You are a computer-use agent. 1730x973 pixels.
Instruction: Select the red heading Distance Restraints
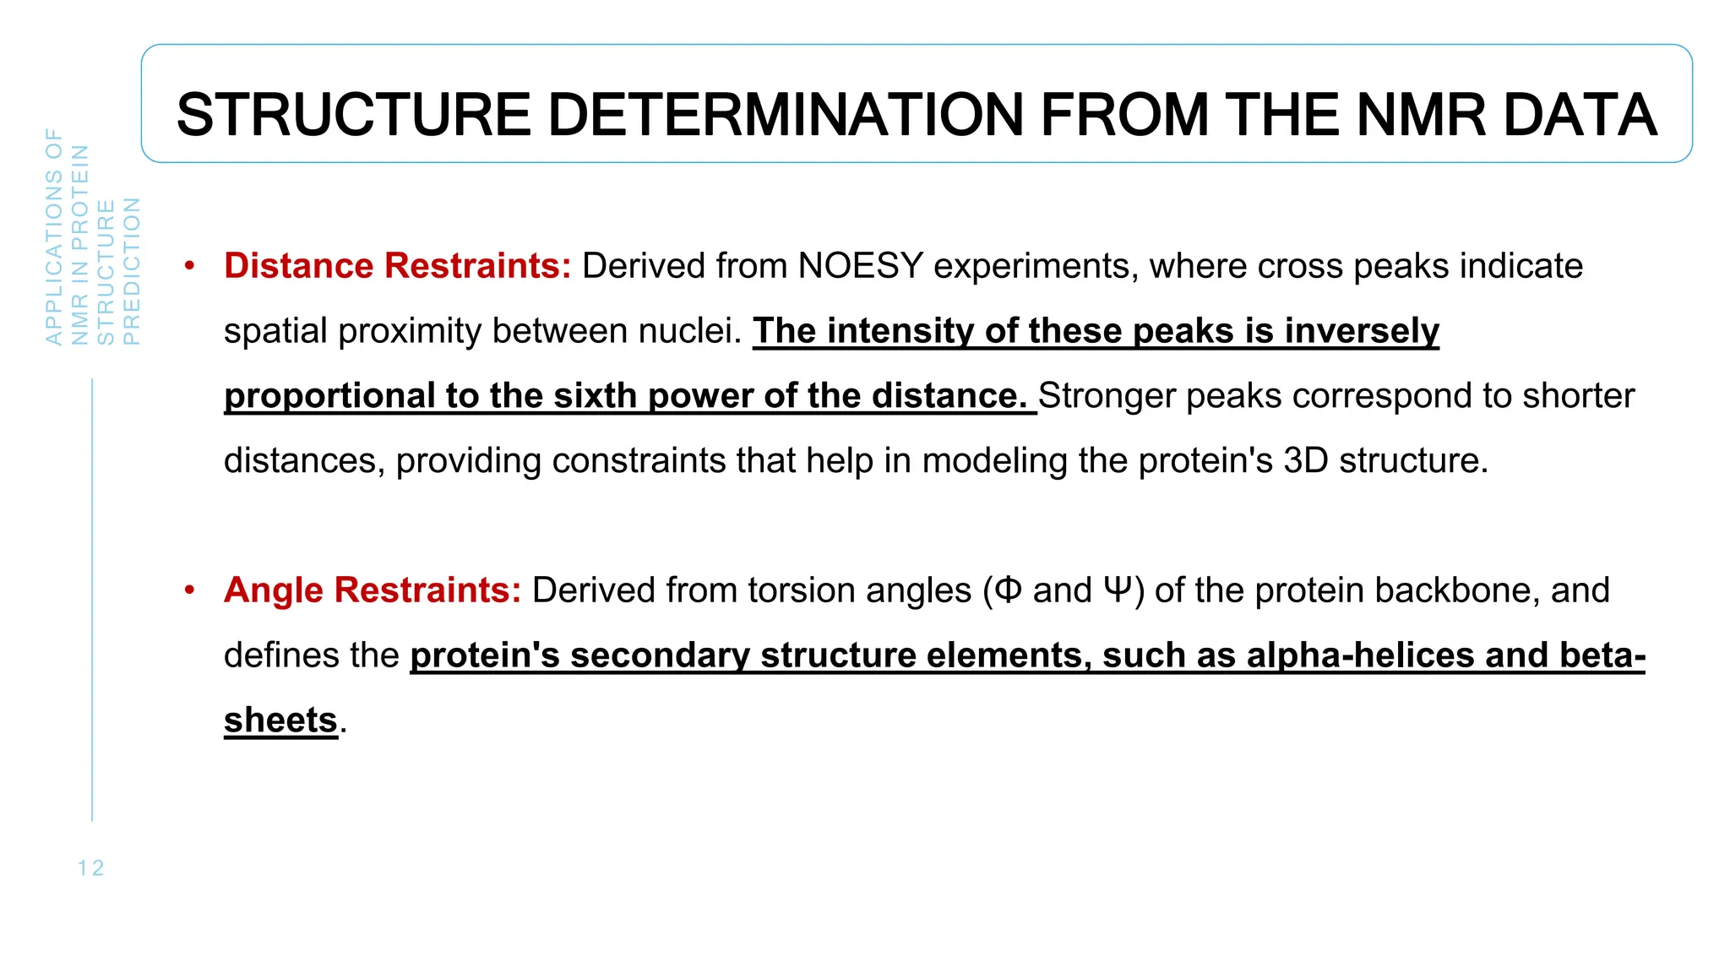pos(397,266)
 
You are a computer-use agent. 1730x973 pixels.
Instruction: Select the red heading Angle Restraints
pos(373,590)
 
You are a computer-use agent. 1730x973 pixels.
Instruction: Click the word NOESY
pos(860,266)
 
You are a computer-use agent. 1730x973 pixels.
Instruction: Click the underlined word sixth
pos(595,396)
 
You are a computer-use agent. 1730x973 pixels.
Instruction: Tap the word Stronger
pos(1107,396)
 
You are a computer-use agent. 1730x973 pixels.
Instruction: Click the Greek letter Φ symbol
pos(1009,590)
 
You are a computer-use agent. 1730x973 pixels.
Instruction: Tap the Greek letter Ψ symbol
pos(1117,590)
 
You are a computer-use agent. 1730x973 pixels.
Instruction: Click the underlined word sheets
pos(280,720)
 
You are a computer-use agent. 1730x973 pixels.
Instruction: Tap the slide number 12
pos(90,868)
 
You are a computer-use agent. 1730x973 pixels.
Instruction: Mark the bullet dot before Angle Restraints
pos(190,590)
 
